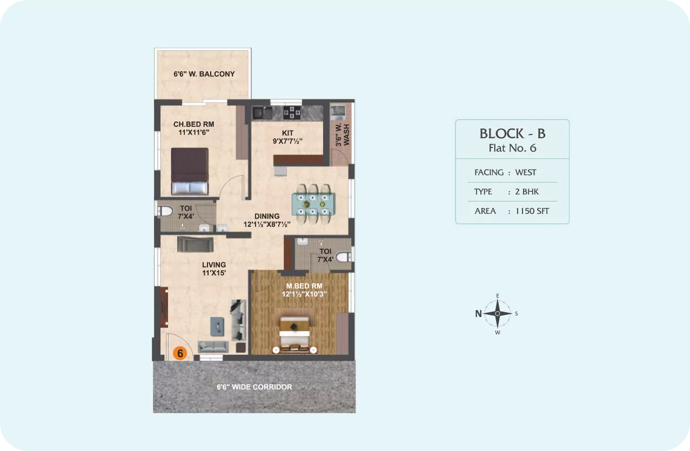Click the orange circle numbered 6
(x=180, y=353)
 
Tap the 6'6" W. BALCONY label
(x=204, y=74)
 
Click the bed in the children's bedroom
(x=190, y=171)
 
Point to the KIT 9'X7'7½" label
(x=287, y=137)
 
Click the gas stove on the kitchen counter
(x=292, y=112)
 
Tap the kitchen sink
(x=263, y=113)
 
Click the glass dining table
(x=313, y=204)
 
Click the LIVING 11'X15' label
(x=214, y=269)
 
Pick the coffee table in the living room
(x=217, y=327)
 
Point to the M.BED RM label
(x=304, y=286)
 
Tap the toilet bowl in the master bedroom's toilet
(x=344, y=257)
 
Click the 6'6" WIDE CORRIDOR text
(x=254, y=387)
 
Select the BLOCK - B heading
(x=512, y=133)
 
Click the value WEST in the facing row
(x=526, y=172)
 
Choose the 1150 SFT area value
(x=532, y=211)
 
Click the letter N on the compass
(x=478, y=314)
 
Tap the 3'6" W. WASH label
(x=342, y=135)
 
